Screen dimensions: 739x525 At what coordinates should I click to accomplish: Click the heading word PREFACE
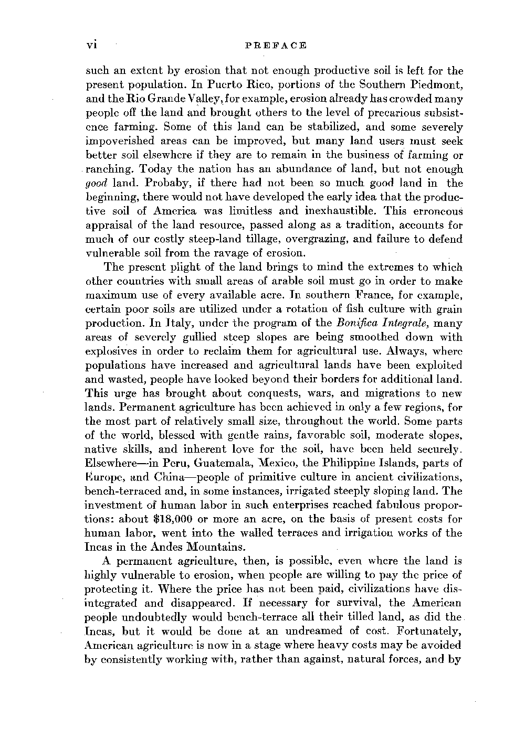coord(276,46)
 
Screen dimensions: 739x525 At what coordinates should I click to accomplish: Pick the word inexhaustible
coord(310,211)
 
